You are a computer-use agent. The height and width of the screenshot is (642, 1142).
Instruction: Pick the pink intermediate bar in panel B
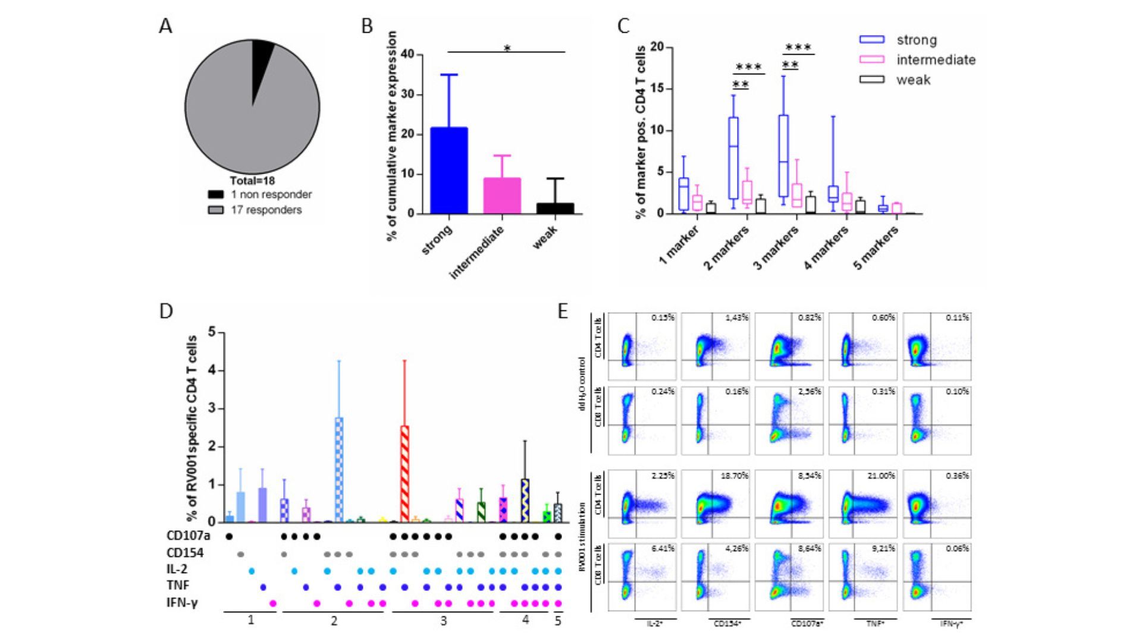tap(502, 196)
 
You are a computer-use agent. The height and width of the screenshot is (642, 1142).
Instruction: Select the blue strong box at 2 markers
tap(733, 158)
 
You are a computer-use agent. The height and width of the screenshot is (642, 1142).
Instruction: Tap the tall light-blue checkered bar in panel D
tap(339, 470)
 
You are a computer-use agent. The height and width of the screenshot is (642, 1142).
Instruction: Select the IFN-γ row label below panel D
tap(182, 603)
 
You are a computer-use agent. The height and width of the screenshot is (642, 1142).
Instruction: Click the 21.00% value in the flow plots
tap(883, 476)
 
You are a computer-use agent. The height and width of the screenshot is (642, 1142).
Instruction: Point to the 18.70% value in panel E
tap(735, 476)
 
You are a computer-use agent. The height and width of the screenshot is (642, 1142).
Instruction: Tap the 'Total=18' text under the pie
tap(252, 181)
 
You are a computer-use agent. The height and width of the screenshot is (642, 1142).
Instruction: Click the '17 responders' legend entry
tap(266, 210)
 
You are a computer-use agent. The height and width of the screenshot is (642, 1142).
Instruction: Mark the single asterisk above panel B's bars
tap(507, 48)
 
